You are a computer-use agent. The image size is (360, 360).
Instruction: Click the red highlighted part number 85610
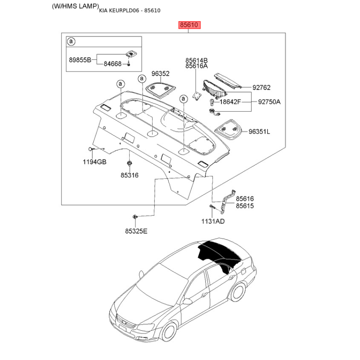pos(189,25)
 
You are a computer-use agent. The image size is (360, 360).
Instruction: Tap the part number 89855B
pos(80,60)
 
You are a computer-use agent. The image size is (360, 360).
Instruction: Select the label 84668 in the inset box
pos(112,64)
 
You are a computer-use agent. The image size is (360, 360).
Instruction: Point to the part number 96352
pos(161,74)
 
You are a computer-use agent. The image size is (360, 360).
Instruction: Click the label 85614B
pos(197,60)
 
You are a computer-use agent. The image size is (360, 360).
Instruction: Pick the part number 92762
pos(261,87)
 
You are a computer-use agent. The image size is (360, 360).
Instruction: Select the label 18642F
pos(230,102)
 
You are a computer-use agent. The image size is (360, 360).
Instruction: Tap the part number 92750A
pos(269,102)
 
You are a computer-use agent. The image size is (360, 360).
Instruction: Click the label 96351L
pos(260,131)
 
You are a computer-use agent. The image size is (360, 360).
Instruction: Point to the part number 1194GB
pos(94,162)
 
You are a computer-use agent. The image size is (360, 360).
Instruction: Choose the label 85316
pos(130,175)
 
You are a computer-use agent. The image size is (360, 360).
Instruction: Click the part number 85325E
pos(136,231)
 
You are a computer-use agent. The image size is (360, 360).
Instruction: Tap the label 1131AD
pos(213,221)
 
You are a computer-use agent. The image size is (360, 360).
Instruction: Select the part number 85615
pos(245,206)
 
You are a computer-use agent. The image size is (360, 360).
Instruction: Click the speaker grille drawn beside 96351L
pos(229,130)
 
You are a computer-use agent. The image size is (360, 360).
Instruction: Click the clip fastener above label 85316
pos(130,163)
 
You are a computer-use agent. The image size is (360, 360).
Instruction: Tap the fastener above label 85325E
pos(135,216)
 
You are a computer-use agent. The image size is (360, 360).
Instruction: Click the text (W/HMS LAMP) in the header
pos(75,6)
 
